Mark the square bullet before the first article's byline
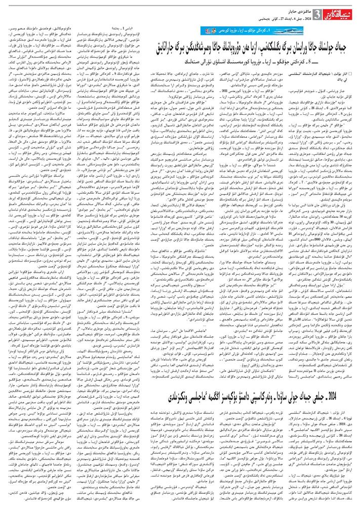coord(354,72)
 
